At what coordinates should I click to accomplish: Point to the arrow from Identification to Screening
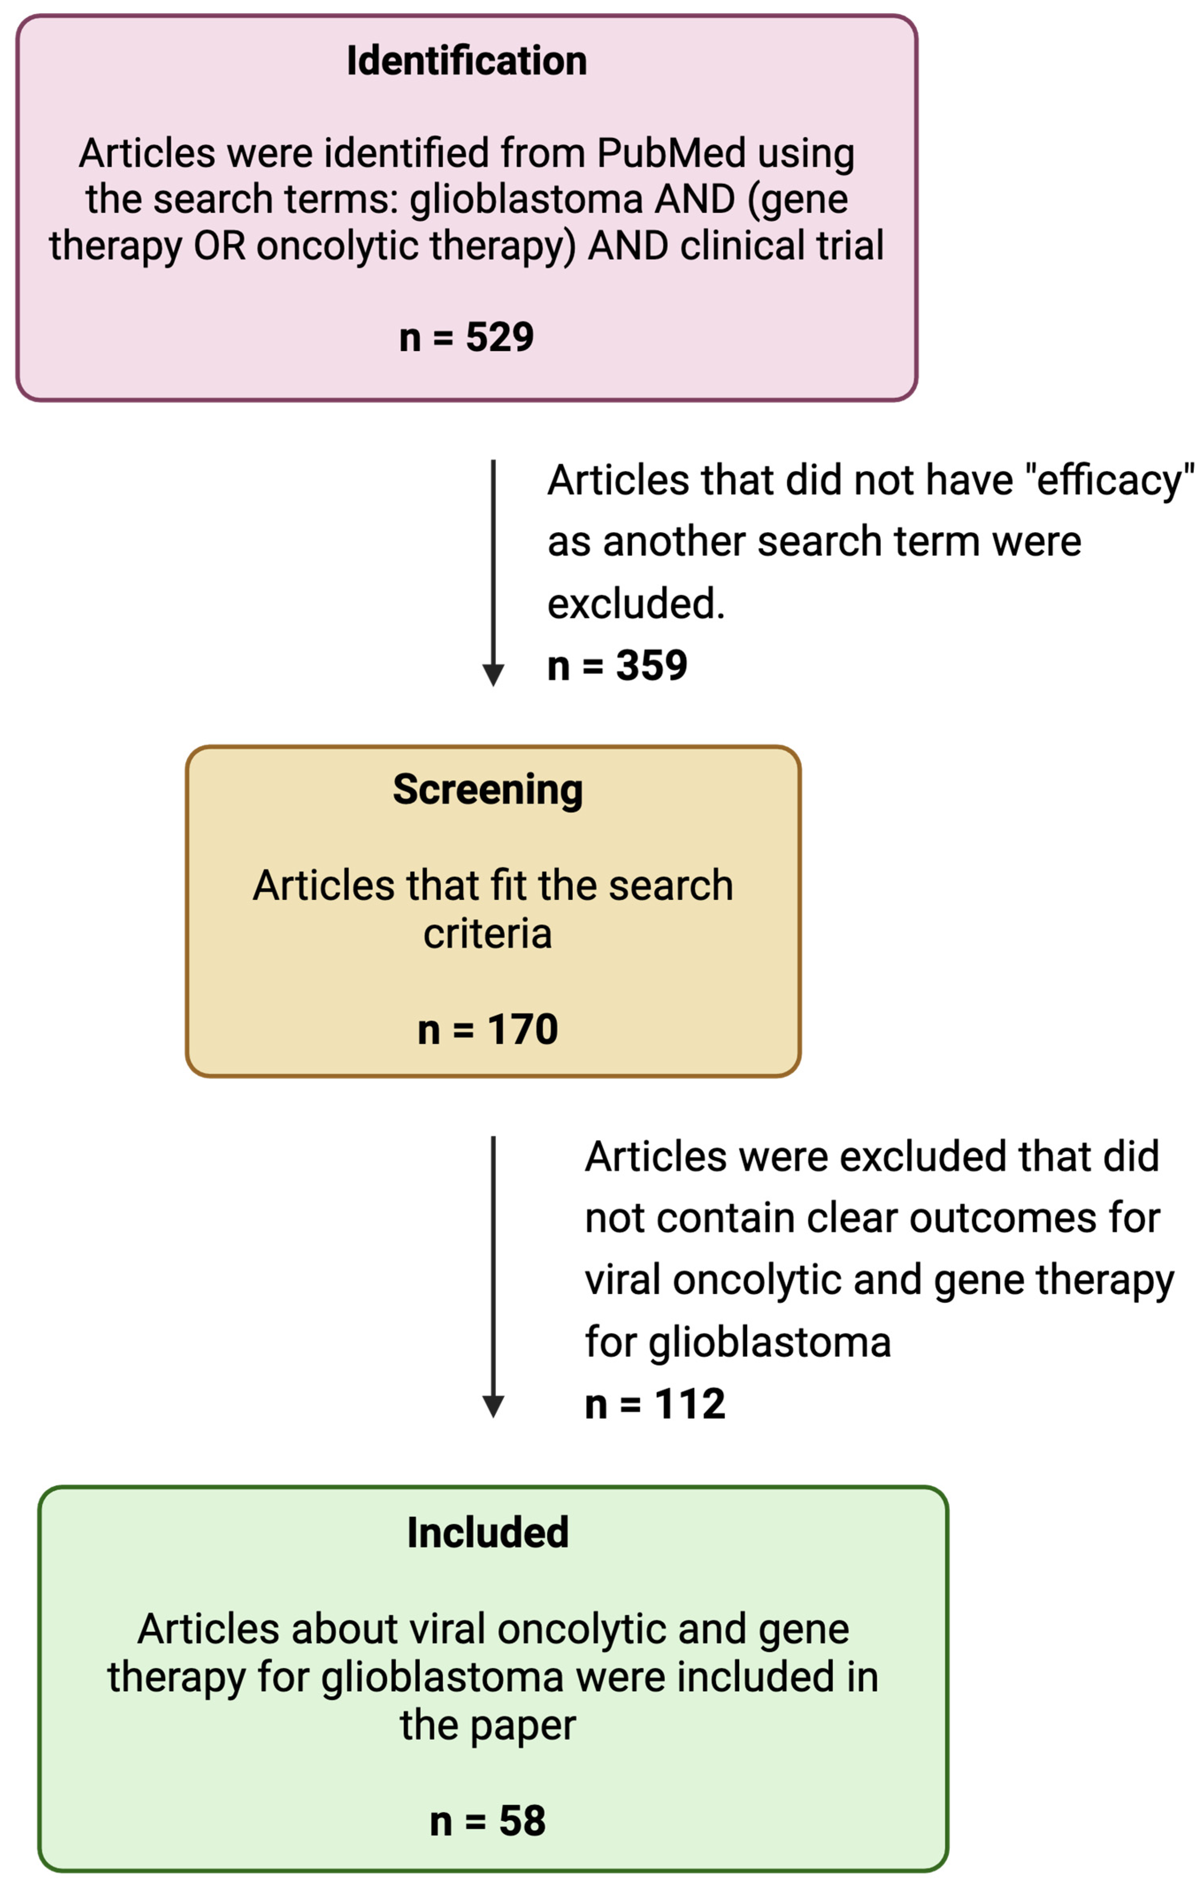[x=493, y=572]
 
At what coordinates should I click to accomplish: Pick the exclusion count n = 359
[x=617, y=665]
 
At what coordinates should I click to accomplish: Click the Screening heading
[x=487, y=789]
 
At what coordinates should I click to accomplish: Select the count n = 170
[x=487, y=1029]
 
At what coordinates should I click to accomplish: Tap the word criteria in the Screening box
[x=487, y=934]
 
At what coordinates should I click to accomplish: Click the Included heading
[x=487, y=1532]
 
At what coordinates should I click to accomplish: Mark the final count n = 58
[x=487, y=1820]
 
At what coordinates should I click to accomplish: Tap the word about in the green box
[x=345, y=1629]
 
